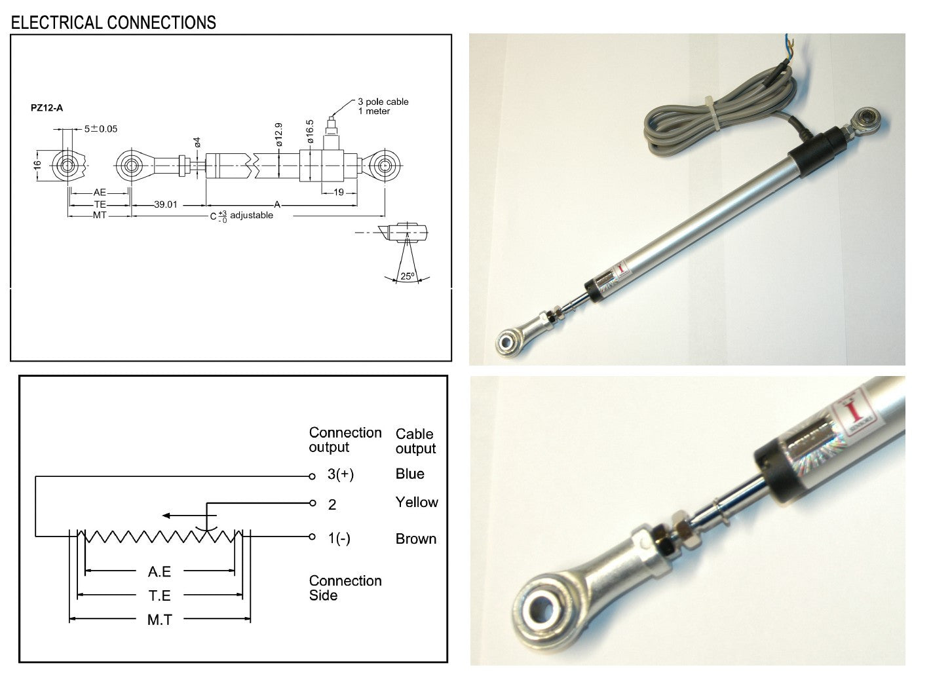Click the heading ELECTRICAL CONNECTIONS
click(113, 23)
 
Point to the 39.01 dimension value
click(166, 204)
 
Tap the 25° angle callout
click(408, 276)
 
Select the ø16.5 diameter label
click(310, 132)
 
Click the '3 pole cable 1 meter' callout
click(383, 106)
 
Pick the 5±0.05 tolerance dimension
click(101, 128)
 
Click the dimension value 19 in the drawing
click(339, 193)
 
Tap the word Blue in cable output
click(410, 474)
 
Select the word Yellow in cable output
click(417, 502)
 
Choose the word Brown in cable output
click(416, 539)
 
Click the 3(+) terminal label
click(341, 474)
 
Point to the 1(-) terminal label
click(339, 538)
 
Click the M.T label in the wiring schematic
click(159, 619)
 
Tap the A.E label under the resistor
click(159, 571)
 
